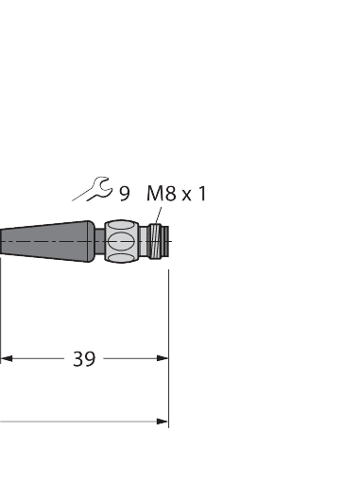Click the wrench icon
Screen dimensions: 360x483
93,192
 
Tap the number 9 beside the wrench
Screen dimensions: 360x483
124,194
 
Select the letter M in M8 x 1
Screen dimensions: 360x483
154,194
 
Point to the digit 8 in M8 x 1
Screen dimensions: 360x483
170,194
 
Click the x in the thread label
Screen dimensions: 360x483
186,195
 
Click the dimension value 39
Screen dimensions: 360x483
84,359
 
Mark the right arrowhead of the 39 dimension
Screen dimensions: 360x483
163,358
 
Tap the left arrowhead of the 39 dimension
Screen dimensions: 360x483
6,358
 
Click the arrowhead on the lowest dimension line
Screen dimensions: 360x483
163,422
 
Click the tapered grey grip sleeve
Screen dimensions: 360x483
47,241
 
